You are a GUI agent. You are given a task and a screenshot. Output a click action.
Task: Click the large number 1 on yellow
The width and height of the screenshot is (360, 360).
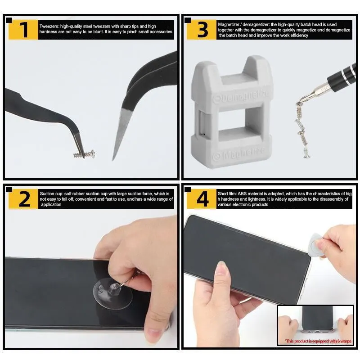[24, 30]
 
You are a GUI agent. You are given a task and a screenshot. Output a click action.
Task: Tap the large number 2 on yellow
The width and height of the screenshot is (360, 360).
[24, 199]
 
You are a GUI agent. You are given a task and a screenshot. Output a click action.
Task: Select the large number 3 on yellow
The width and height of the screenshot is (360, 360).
[202, 30]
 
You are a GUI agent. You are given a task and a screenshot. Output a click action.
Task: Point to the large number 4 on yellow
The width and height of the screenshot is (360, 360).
[203, 199]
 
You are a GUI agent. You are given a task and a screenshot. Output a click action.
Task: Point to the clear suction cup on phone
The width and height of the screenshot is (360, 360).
[113, 293]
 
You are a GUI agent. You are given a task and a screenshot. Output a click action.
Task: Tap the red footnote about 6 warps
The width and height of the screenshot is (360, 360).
[318, 341]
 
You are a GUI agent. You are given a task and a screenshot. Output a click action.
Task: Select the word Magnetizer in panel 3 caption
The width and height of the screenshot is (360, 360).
[228, 25]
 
